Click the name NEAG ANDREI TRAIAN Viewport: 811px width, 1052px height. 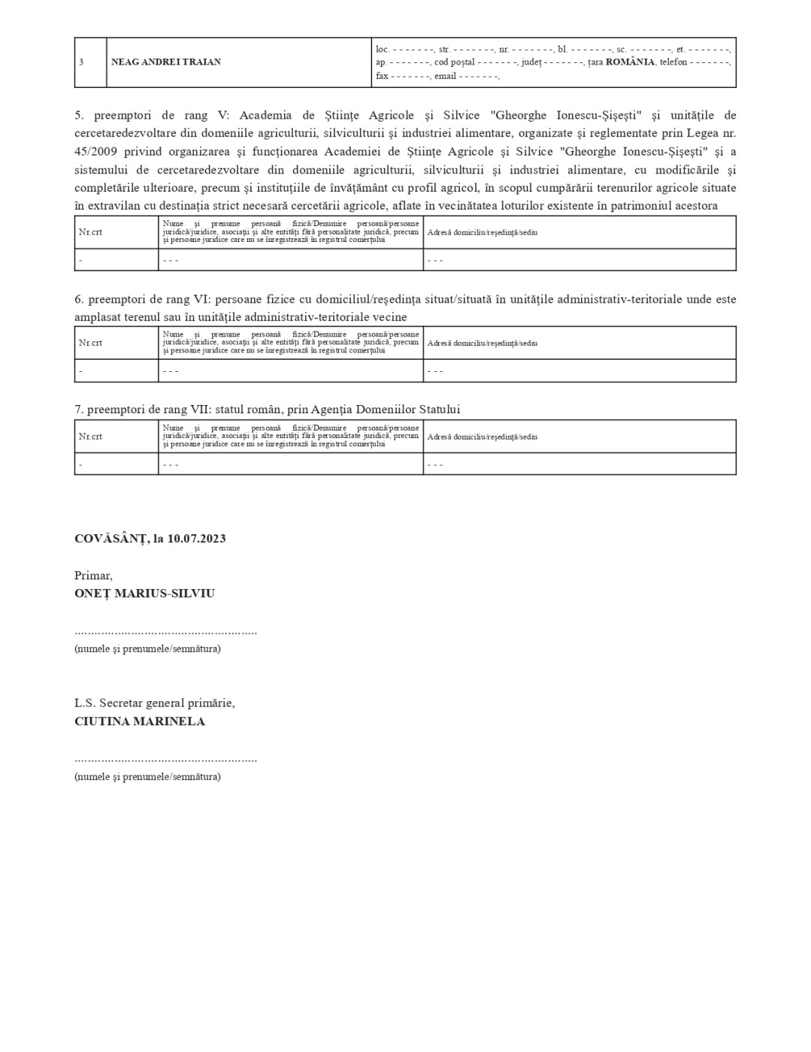(x=166, y=62)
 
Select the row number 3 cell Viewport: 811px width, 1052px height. (x=81, y=62)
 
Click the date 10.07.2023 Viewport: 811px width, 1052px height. (x=196, y=539)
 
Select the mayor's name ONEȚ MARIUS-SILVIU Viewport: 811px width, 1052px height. (x=144, y=594)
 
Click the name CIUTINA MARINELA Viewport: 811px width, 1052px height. (x=140, y=721)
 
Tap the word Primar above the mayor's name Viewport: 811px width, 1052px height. (x=93, y=576)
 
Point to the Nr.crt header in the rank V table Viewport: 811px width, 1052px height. (x=90, y=232)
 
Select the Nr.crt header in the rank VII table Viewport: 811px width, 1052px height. (x=90, y=437)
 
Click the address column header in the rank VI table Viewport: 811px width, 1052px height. (x=482, y=343)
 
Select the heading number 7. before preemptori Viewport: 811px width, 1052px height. (x=79, y=410)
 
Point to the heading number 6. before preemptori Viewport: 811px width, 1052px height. (x=79, y=299)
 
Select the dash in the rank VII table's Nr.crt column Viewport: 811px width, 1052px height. (x=80, y=464)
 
